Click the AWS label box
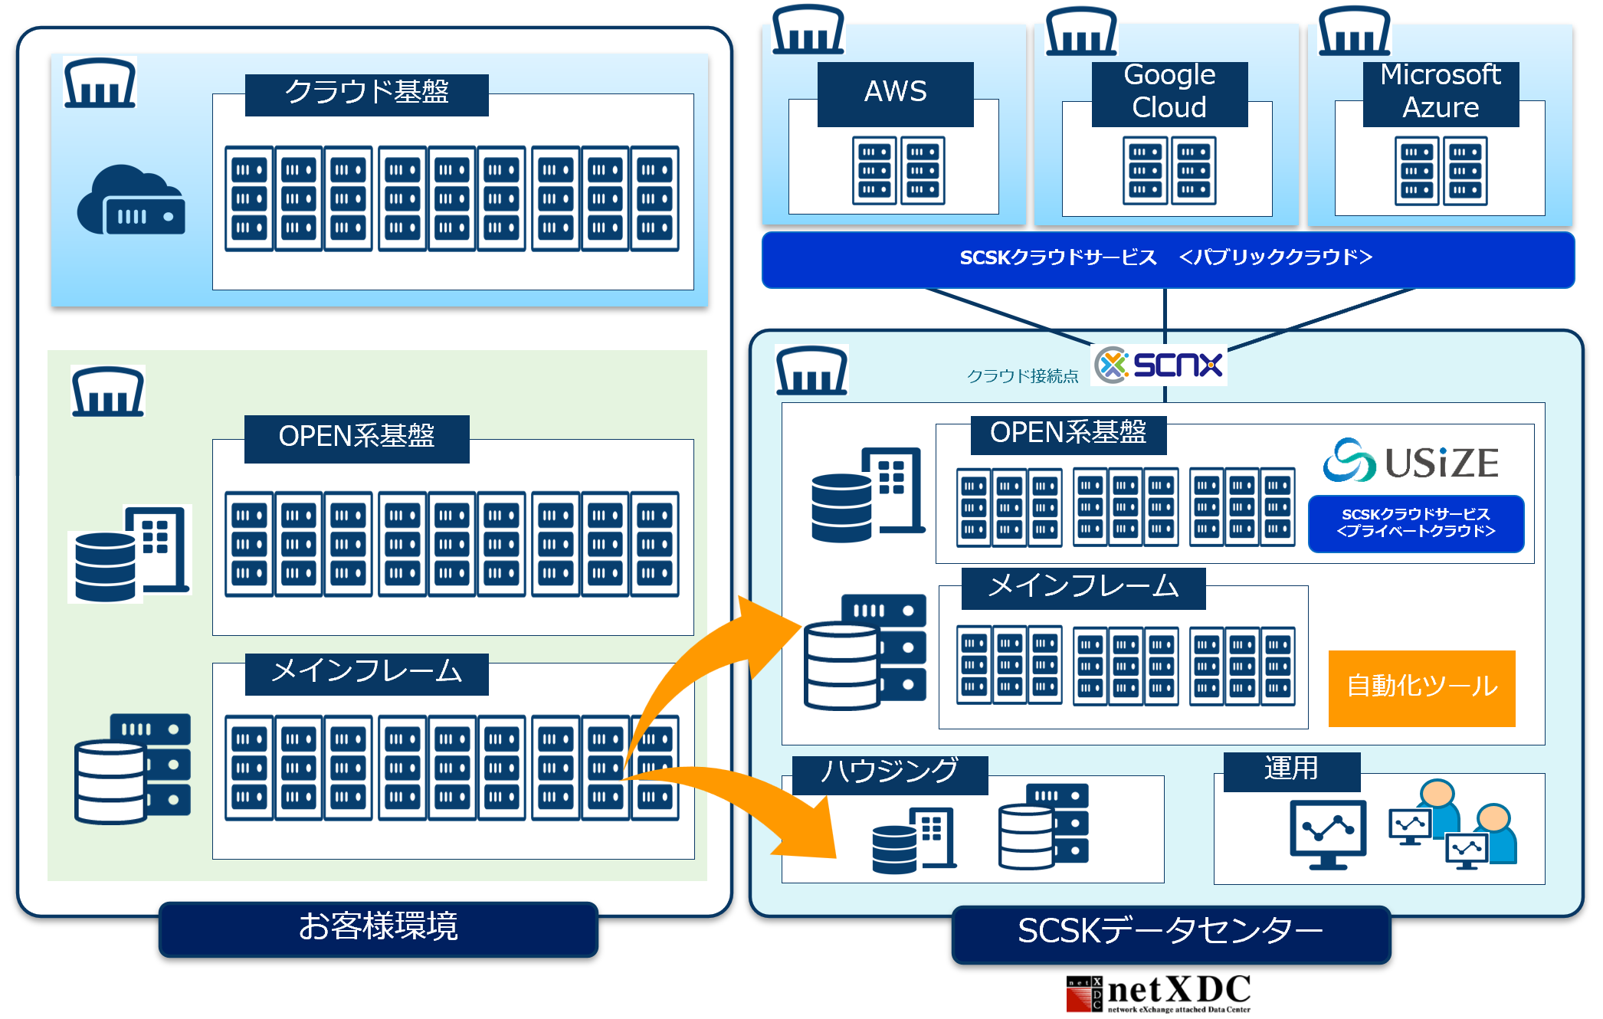click(895, 93)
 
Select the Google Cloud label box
click(1169, 93)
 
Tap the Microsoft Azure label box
click(1441, 93)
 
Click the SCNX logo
click(1159, 365)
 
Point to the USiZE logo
click(1411, 461)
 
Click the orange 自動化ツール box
click(1421, 687)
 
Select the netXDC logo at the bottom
click(1159, 993)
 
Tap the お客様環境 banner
click(379, 928)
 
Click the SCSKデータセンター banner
click(1170, 932)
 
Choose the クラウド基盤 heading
click(366, 94)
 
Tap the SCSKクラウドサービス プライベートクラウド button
click(1415, 523)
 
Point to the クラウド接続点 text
click(1022, 376)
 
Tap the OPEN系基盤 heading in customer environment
click(356, 438)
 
